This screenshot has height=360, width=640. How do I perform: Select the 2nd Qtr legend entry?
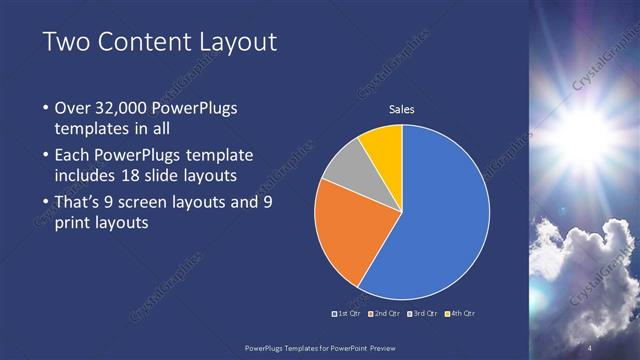(385, 314)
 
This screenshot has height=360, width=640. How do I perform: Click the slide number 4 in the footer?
(589, 347)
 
